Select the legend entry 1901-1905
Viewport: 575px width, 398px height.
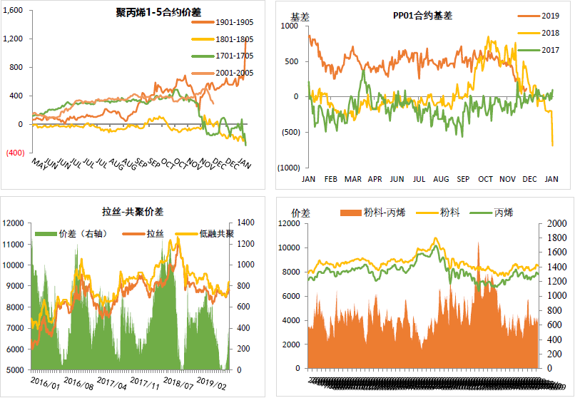235,21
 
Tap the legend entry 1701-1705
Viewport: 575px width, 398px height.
235,56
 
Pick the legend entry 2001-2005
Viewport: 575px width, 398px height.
235,73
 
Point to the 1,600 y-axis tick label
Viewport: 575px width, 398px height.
13,11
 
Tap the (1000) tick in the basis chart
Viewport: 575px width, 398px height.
287,168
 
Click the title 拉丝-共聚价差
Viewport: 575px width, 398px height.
133,211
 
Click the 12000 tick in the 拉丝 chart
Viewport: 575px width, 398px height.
14,223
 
